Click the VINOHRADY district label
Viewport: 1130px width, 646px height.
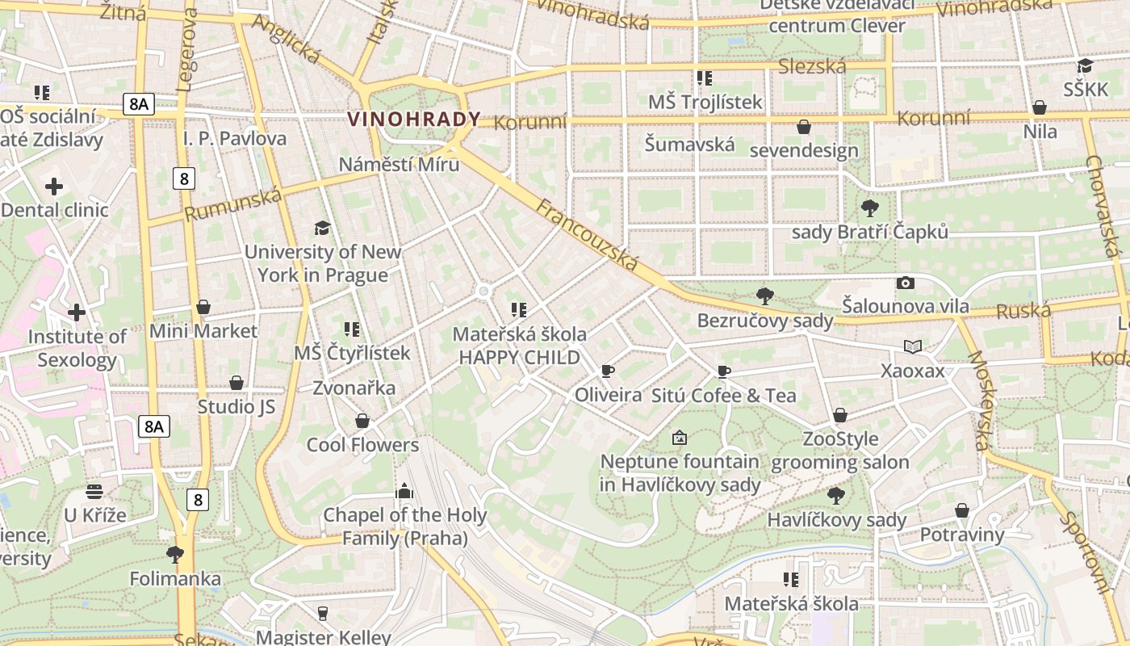(414, 120)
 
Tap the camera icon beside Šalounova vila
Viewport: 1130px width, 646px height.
(906, 283)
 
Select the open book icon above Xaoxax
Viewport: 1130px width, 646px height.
(913, 346)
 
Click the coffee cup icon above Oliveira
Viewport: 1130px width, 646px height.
(608, 371)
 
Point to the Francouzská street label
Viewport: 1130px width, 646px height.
(587, 235)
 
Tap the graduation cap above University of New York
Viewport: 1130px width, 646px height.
(322, 228)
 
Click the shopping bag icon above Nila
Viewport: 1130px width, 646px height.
(1040, 107)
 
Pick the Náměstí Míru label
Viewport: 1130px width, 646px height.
(399, 165)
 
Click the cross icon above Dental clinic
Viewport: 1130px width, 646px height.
(54, 187)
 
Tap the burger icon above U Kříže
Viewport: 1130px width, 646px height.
(94, 491)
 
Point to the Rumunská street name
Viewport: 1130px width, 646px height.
(233, 204)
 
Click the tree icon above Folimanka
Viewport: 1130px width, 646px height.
(174, 554)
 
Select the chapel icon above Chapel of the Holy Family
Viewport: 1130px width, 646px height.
(404, 490)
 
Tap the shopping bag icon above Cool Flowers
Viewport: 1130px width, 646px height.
(362, 421)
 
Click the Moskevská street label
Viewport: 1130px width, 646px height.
(978, 401)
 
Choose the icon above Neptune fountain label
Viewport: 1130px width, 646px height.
(680, 438)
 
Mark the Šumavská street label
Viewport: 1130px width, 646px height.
(689, 145)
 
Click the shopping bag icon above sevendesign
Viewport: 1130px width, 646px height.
(804, 127)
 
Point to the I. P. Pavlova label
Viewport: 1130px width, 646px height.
(235, 138)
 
